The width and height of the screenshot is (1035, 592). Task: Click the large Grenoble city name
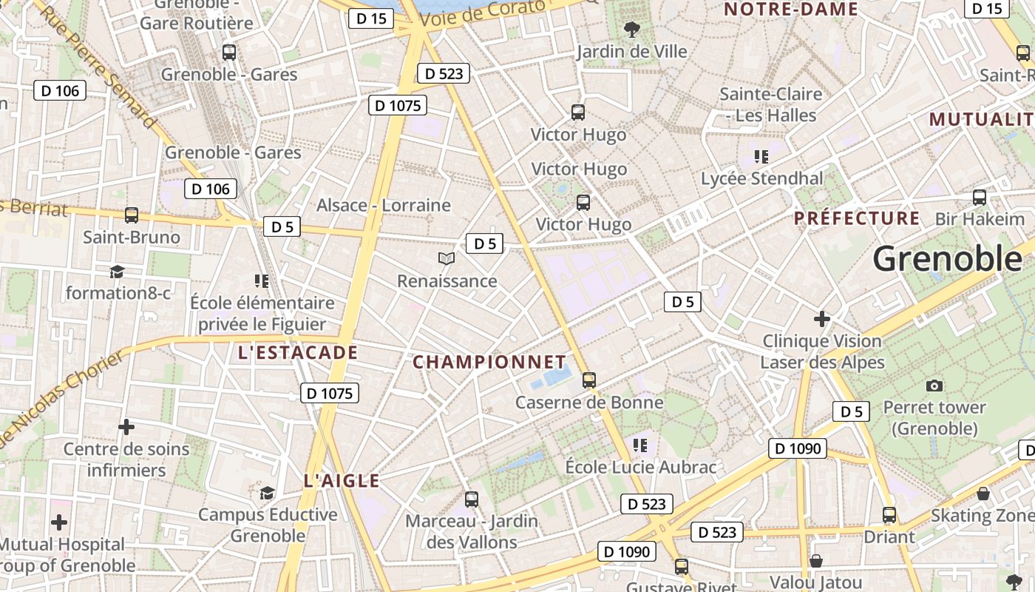948,259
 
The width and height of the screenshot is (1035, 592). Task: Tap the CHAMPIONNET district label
489,362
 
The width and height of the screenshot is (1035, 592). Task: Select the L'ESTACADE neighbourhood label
298,353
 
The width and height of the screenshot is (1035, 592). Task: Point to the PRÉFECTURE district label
857,218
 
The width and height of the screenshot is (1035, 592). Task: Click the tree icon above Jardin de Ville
631,30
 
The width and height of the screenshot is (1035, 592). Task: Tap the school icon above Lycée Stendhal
761,156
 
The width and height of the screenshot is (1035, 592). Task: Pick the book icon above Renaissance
447,258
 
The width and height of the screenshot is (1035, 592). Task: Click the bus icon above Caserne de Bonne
589,380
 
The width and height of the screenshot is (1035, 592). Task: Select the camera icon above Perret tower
934,385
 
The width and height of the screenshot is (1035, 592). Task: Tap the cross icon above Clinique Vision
821,319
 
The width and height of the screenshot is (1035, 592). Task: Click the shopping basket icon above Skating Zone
983,493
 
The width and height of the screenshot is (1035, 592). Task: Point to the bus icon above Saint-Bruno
132,215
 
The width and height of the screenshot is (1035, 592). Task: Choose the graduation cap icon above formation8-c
117,272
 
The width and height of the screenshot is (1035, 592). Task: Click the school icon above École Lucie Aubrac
640,445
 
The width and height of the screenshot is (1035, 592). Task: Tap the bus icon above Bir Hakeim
980,197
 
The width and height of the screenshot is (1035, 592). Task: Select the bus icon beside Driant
889,515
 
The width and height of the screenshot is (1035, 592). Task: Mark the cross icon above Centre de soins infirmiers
126,426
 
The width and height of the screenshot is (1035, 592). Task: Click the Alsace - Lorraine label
384,205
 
